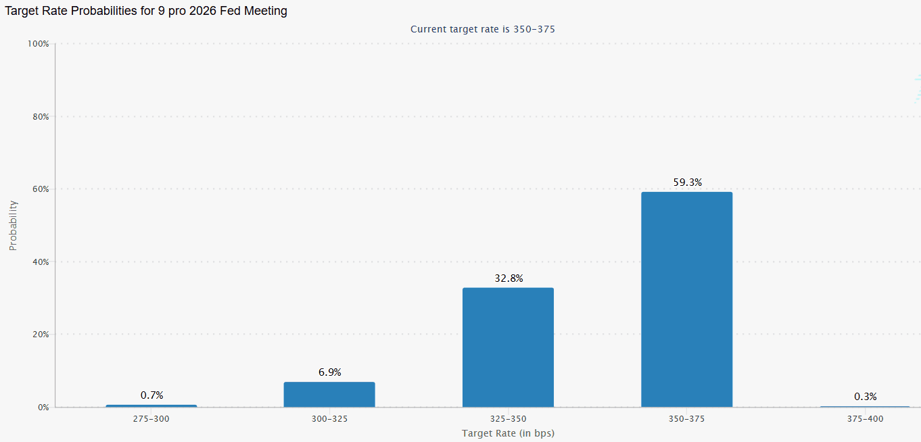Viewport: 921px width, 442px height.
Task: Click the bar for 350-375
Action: (x=686, y=299)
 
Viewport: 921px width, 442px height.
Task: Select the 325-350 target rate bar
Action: (x=508, y=347)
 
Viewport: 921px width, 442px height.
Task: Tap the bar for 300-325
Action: (x=329, y=395)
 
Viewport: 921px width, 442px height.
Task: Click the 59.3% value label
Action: (x=688, y=182)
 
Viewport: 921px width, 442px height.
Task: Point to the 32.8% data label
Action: (x=509, y=278)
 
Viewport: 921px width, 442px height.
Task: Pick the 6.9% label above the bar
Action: (x=330, y=372)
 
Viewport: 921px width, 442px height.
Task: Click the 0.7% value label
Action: (x=151, y=395)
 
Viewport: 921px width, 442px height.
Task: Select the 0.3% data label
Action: (x=866, y=396)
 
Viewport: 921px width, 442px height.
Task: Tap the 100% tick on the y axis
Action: (x=38, y=44)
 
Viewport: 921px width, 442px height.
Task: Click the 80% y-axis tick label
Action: (x=40, y=117)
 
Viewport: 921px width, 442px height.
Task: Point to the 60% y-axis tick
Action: (x=40, y=189)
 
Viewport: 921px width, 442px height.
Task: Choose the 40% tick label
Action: (x=40, y=262)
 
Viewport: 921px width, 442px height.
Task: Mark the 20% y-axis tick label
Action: (x=40, y=335)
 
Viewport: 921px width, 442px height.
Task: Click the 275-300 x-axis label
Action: (x=151, y=419)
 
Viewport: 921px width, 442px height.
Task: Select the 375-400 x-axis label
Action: (x=866, y=419)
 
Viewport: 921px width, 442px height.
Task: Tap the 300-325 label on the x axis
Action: (x=329, y=419)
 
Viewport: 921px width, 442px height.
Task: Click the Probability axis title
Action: (x=13, y=225)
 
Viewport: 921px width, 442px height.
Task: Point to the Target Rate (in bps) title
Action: (x=508, y=433)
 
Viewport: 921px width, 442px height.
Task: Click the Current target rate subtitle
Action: (x=483, y=29)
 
